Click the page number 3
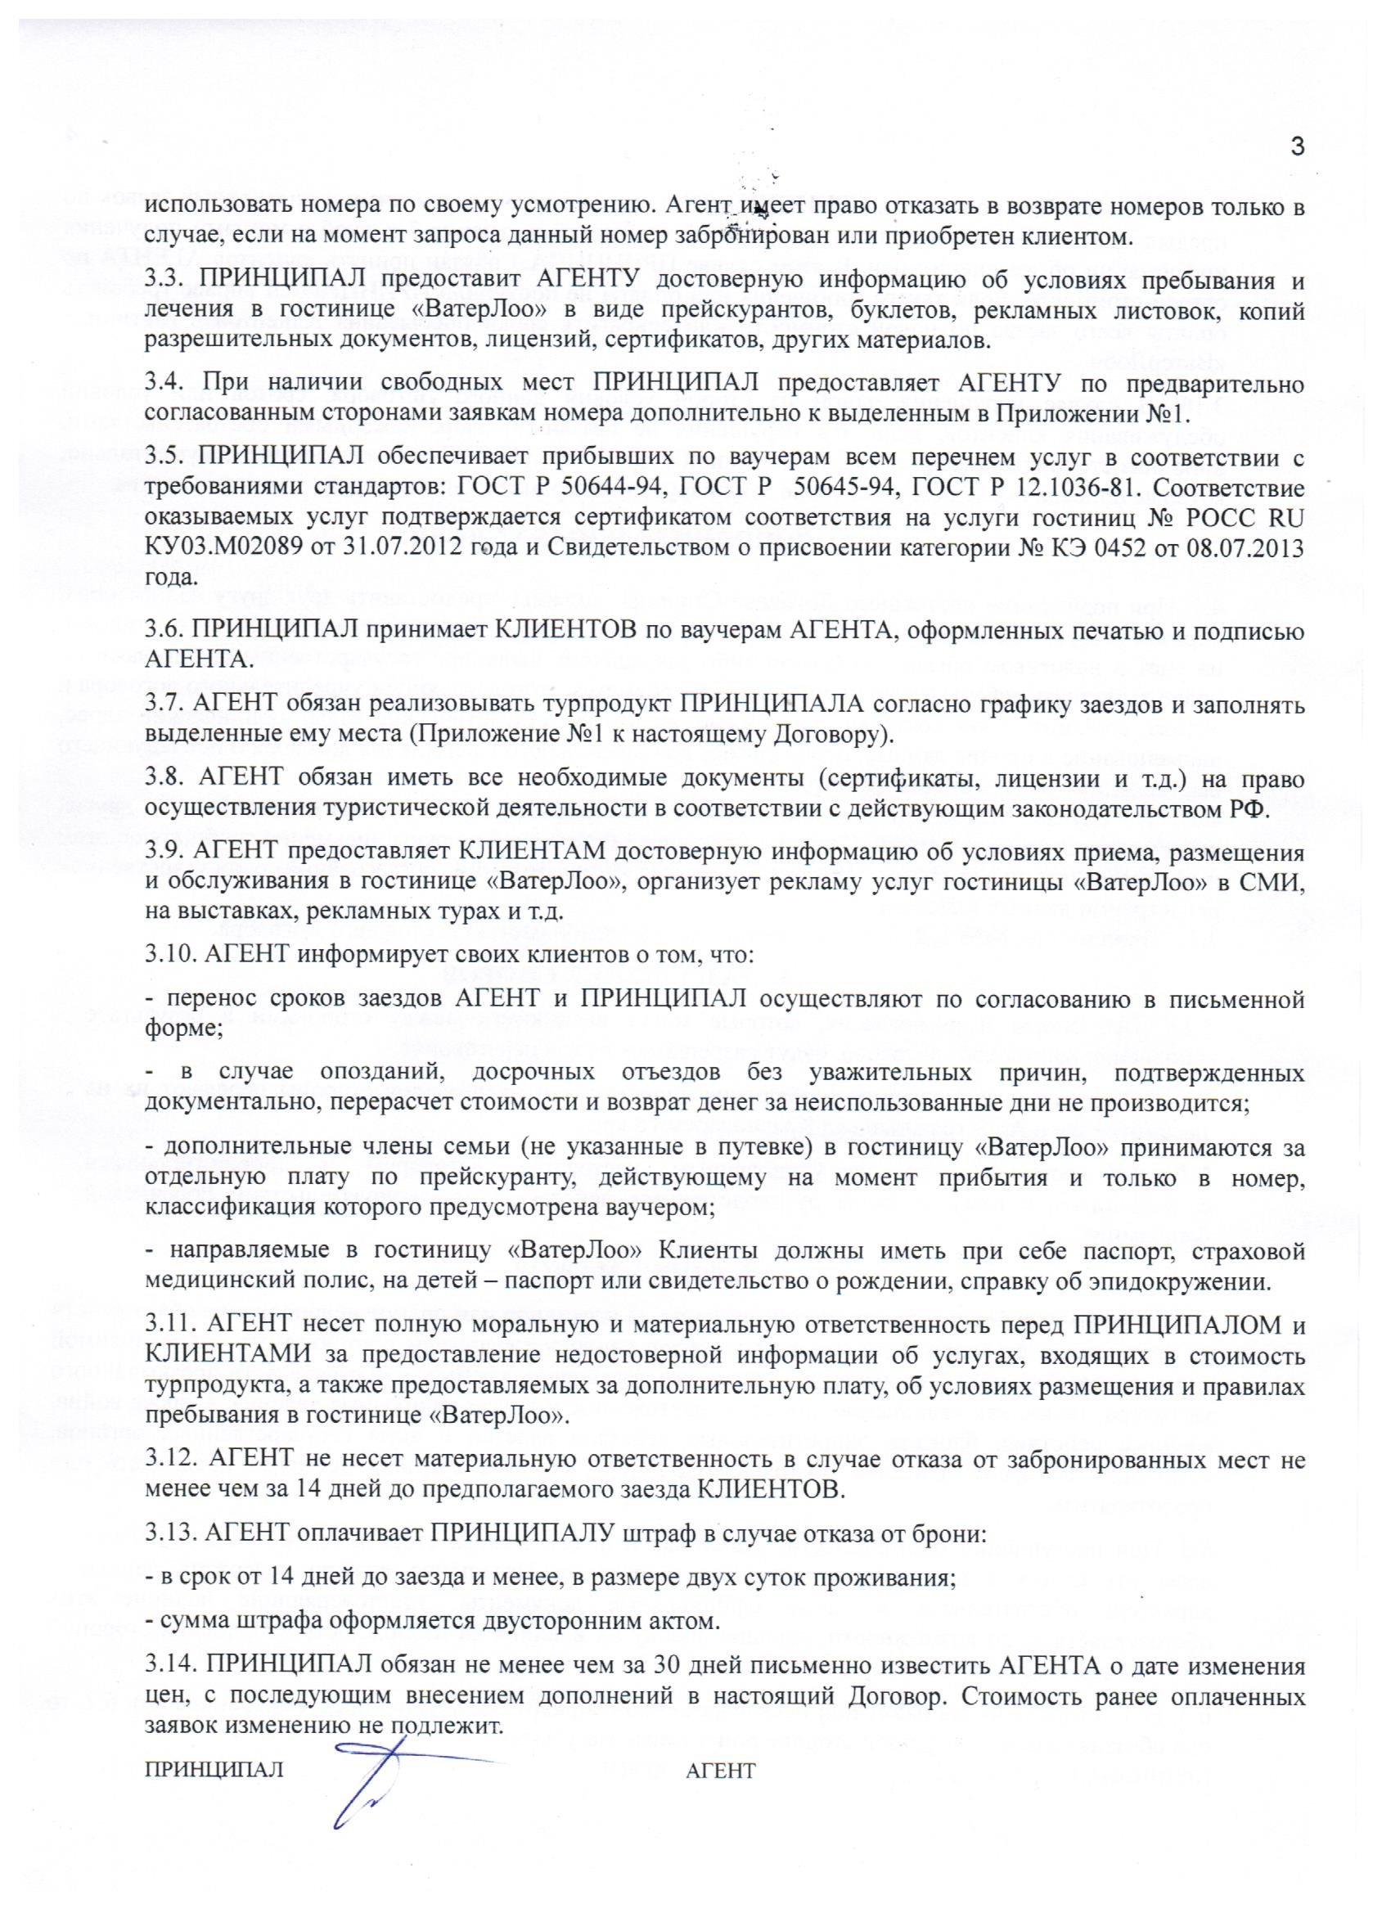[x=1298, y=146]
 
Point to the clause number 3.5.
[x=162, y=459]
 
